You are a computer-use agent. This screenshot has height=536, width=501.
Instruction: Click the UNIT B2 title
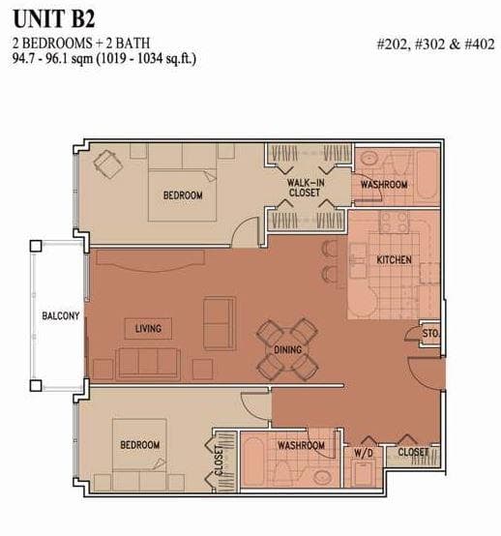53,18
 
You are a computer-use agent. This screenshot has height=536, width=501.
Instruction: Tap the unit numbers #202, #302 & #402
436,45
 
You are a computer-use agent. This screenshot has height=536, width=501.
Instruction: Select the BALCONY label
61,315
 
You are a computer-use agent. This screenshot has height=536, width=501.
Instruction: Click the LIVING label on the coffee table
148,329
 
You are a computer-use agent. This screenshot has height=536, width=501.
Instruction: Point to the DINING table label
288,349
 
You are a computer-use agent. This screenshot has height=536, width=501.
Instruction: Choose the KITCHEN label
394,260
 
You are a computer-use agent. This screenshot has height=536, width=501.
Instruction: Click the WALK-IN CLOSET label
306,188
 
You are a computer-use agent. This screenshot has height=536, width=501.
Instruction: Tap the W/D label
364,453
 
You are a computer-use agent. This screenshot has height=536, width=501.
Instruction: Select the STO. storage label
430,333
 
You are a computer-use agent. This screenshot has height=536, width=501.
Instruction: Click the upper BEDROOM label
183,195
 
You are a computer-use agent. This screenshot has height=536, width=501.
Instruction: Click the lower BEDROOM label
140,445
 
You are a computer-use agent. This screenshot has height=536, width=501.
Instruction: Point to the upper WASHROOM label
384,185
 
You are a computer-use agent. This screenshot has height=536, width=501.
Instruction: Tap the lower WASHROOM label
301,445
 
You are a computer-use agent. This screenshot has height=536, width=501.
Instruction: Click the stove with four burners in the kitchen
394,222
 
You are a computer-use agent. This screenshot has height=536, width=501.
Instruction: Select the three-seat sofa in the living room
148,364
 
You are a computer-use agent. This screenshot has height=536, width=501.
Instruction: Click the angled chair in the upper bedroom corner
108,164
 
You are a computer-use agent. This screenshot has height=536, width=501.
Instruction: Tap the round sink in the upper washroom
369,159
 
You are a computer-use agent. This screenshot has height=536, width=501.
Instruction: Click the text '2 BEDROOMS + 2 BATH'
81,44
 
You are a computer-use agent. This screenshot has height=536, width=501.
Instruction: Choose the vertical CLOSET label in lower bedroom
219,461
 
